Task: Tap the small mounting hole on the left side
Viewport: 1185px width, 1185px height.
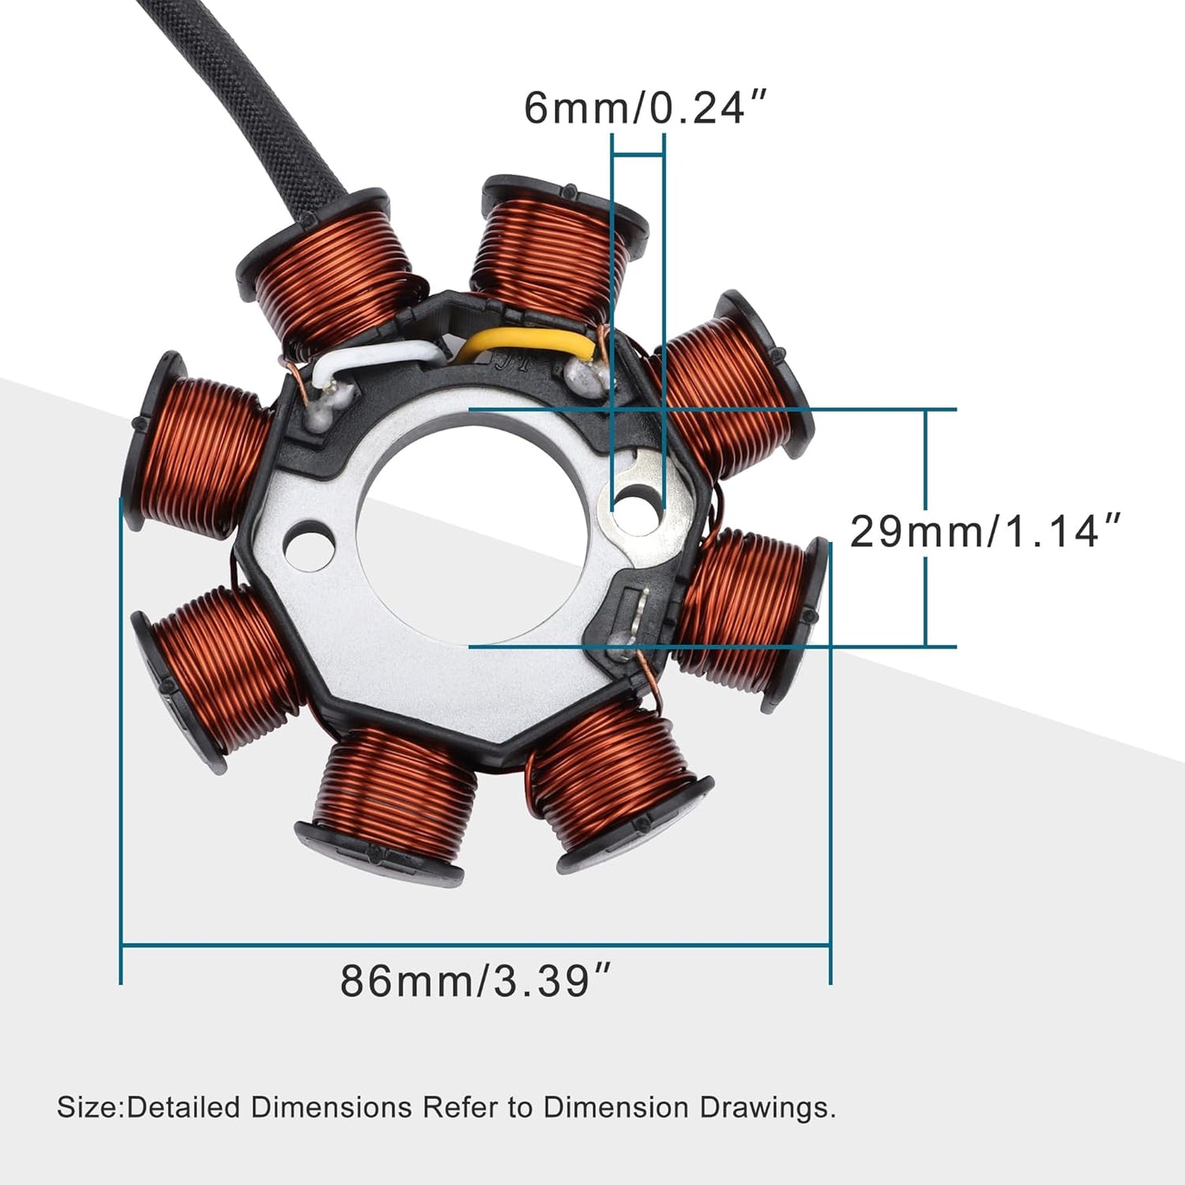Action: point(309,544)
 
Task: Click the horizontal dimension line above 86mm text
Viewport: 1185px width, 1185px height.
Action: point(476,946)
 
